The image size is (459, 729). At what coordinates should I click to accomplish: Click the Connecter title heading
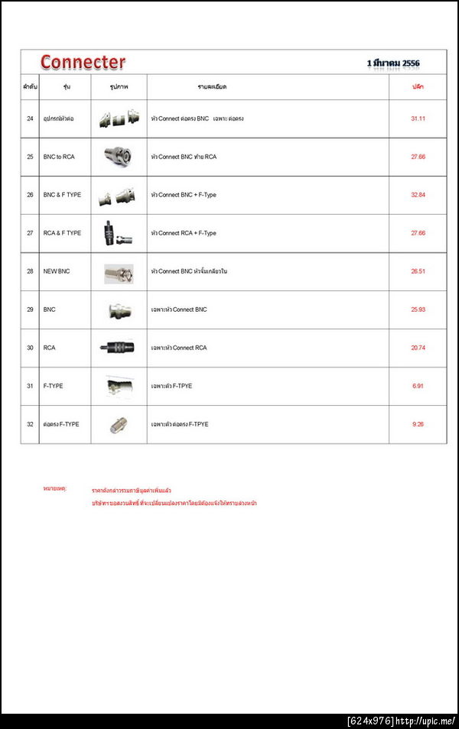pyautogui.click(x=83, y=62)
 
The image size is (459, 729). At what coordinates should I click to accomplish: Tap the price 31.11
pyautogui.click(x=418, y=118)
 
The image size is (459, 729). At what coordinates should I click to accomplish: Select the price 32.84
pyautogui.click(x=418, y=195)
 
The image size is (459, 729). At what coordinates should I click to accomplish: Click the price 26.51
pyautogui.click(x=418, y=271)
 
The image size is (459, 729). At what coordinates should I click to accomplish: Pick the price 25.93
pyautogui.click(x=418, y=309)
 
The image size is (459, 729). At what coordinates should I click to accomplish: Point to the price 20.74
pyautogui.click(x=418, y=348)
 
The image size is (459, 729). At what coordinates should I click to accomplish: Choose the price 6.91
pyautogui.click(x=418, y=386)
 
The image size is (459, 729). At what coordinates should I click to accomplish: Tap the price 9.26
pyautogui.click(x=418, y=424)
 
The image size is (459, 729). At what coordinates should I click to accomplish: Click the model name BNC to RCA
pyautogui.click(x=59, y=157)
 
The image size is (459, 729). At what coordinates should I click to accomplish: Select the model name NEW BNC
pyautogui.click(x=57, y=271)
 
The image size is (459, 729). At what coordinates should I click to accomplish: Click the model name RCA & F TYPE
pyautogui.click(x=62, y=233)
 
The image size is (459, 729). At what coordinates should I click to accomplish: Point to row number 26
pyautogui.click(x=30, y=195)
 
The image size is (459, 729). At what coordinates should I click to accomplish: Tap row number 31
pyautogui.click(x=30, y=386)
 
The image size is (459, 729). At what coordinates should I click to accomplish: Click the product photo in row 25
pyautogui.click(x=119, y=156)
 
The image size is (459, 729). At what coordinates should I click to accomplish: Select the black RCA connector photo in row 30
pyautogui.click(x=118, y=348)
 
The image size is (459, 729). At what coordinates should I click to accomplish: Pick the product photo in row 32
pyautogui.click(x=119, y=424)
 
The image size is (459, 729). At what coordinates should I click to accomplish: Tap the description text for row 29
pyautogui.click(x=179, y=309)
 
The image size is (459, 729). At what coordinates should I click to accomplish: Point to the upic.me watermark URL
pyautogui.click(x=425, y=721)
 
